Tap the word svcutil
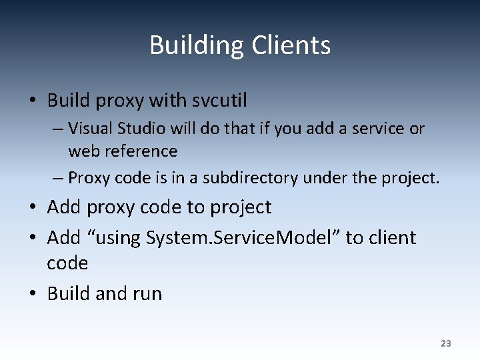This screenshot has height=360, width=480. coord(219,101)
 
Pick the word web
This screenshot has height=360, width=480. coord(82,151)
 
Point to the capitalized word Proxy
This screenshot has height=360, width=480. coord(89,178)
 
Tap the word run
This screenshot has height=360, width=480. coord(147,294)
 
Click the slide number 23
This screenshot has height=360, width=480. coord(446,343)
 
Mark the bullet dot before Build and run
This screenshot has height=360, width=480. coord(32,294)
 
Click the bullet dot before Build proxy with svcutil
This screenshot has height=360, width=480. coord(32,101)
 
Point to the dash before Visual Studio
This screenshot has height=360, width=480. coord(59,128)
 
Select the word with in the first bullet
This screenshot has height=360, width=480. coord(168,101)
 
